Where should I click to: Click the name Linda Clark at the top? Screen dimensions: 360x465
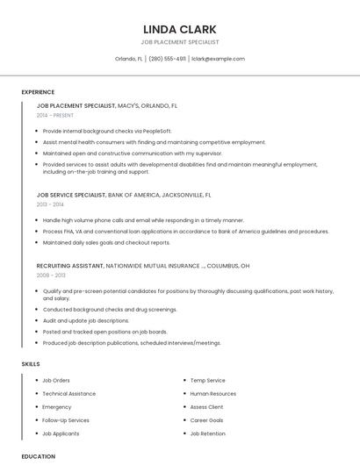(x=179, y=29)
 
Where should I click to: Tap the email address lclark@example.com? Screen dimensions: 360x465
(x=217, y=59)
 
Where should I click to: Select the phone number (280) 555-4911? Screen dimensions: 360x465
(x=167, y=59)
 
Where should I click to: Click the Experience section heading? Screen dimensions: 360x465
(x=38, y=92)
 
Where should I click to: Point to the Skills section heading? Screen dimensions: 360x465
(x=31, y=363)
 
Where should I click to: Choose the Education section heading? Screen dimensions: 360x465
(x=38, y=456)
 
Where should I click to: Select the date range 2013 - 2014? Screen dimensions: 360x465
(x=50, y=204)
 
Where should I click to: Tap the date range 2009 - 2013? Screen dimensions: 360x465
(x=50, y=275)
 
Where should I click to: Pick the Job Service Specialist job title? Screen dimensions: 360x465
(x=70, y=195)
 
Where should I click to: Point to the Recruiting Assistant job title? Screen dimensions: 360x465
(x=69, y=265)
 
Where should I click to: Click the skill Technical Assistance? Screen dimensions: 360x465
(x=69, y=394)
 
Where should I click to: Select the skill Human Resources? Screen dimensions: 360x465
(x=212, y=394)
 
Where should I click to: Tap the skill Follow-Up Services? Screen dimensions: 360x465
(x=66, y=420)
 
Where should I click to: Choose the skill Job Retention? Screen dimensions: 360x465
(x=207, y=433)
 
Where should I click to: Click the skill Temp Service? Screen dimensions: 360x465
(x=207, y=381)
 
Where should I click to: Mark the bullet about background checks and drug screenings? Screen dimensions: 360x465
(x=110, y=310)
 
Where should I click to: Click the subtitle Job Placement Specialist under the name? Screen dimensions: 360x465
(x=179, y=42)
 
